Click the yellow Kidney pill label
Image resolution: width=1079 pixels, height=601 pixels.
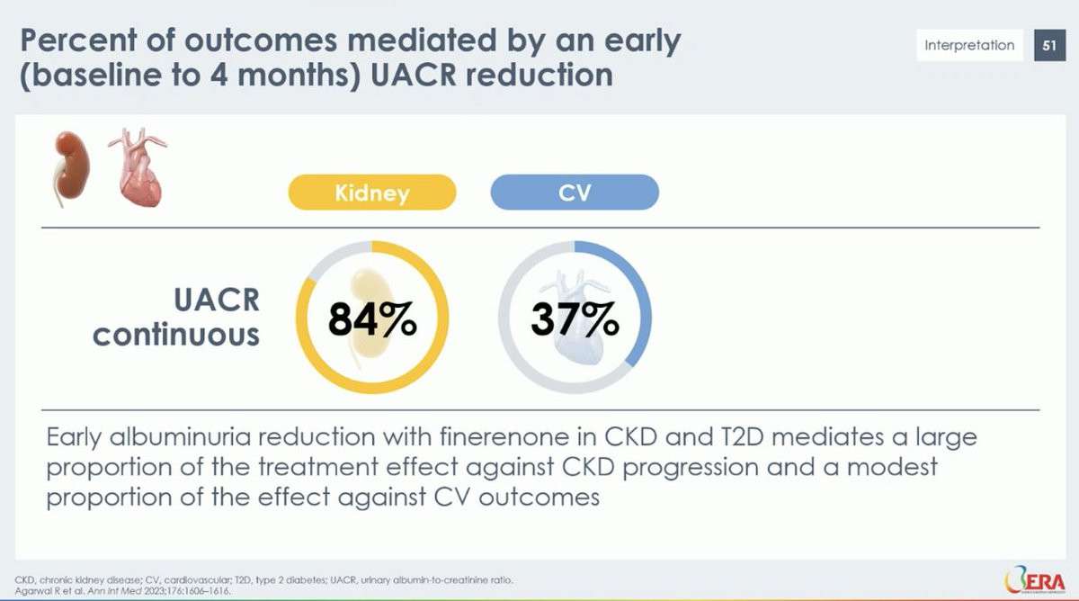coord(372,193)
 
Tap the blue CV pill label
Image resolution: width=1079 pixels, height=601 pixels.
coord(575,193)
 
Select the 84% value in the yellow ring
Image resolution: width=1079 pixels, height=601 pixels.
coord(372,318)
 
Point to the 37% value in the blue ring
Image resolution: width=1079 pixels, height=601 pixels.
coord(575,318)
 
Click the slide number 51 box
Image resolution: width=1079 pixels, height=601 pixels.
coord(1049,45)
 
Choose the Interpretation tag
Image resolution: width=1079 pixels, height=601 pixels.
coord(969,45)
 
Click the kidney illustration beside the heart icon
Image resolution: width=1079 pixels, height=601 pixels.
coord(70,168)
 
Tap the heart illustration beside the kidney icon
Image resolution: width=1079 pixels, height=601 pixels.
coord(139,167)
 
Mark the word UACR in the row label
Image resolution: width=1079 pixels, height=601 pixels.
coord(217,300)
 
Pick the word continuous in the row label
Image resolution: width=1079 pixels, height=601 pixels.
coord(176,335)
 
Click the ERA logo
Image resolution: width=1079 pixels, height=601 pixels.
coord(1035,579)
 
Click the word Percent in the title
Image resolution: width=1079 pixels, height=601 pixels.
coord(78,40)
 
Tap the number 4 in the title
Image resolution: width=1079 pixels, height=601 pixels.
coord(219,76)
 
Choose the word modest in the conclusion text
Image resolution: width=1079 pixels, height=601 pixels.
coord(892,467)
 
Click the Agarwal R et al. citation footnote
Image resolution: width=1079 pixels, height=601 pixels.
coord(123,591)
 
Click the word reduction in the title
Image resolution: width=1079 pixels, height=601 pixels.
coord(539,76)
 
